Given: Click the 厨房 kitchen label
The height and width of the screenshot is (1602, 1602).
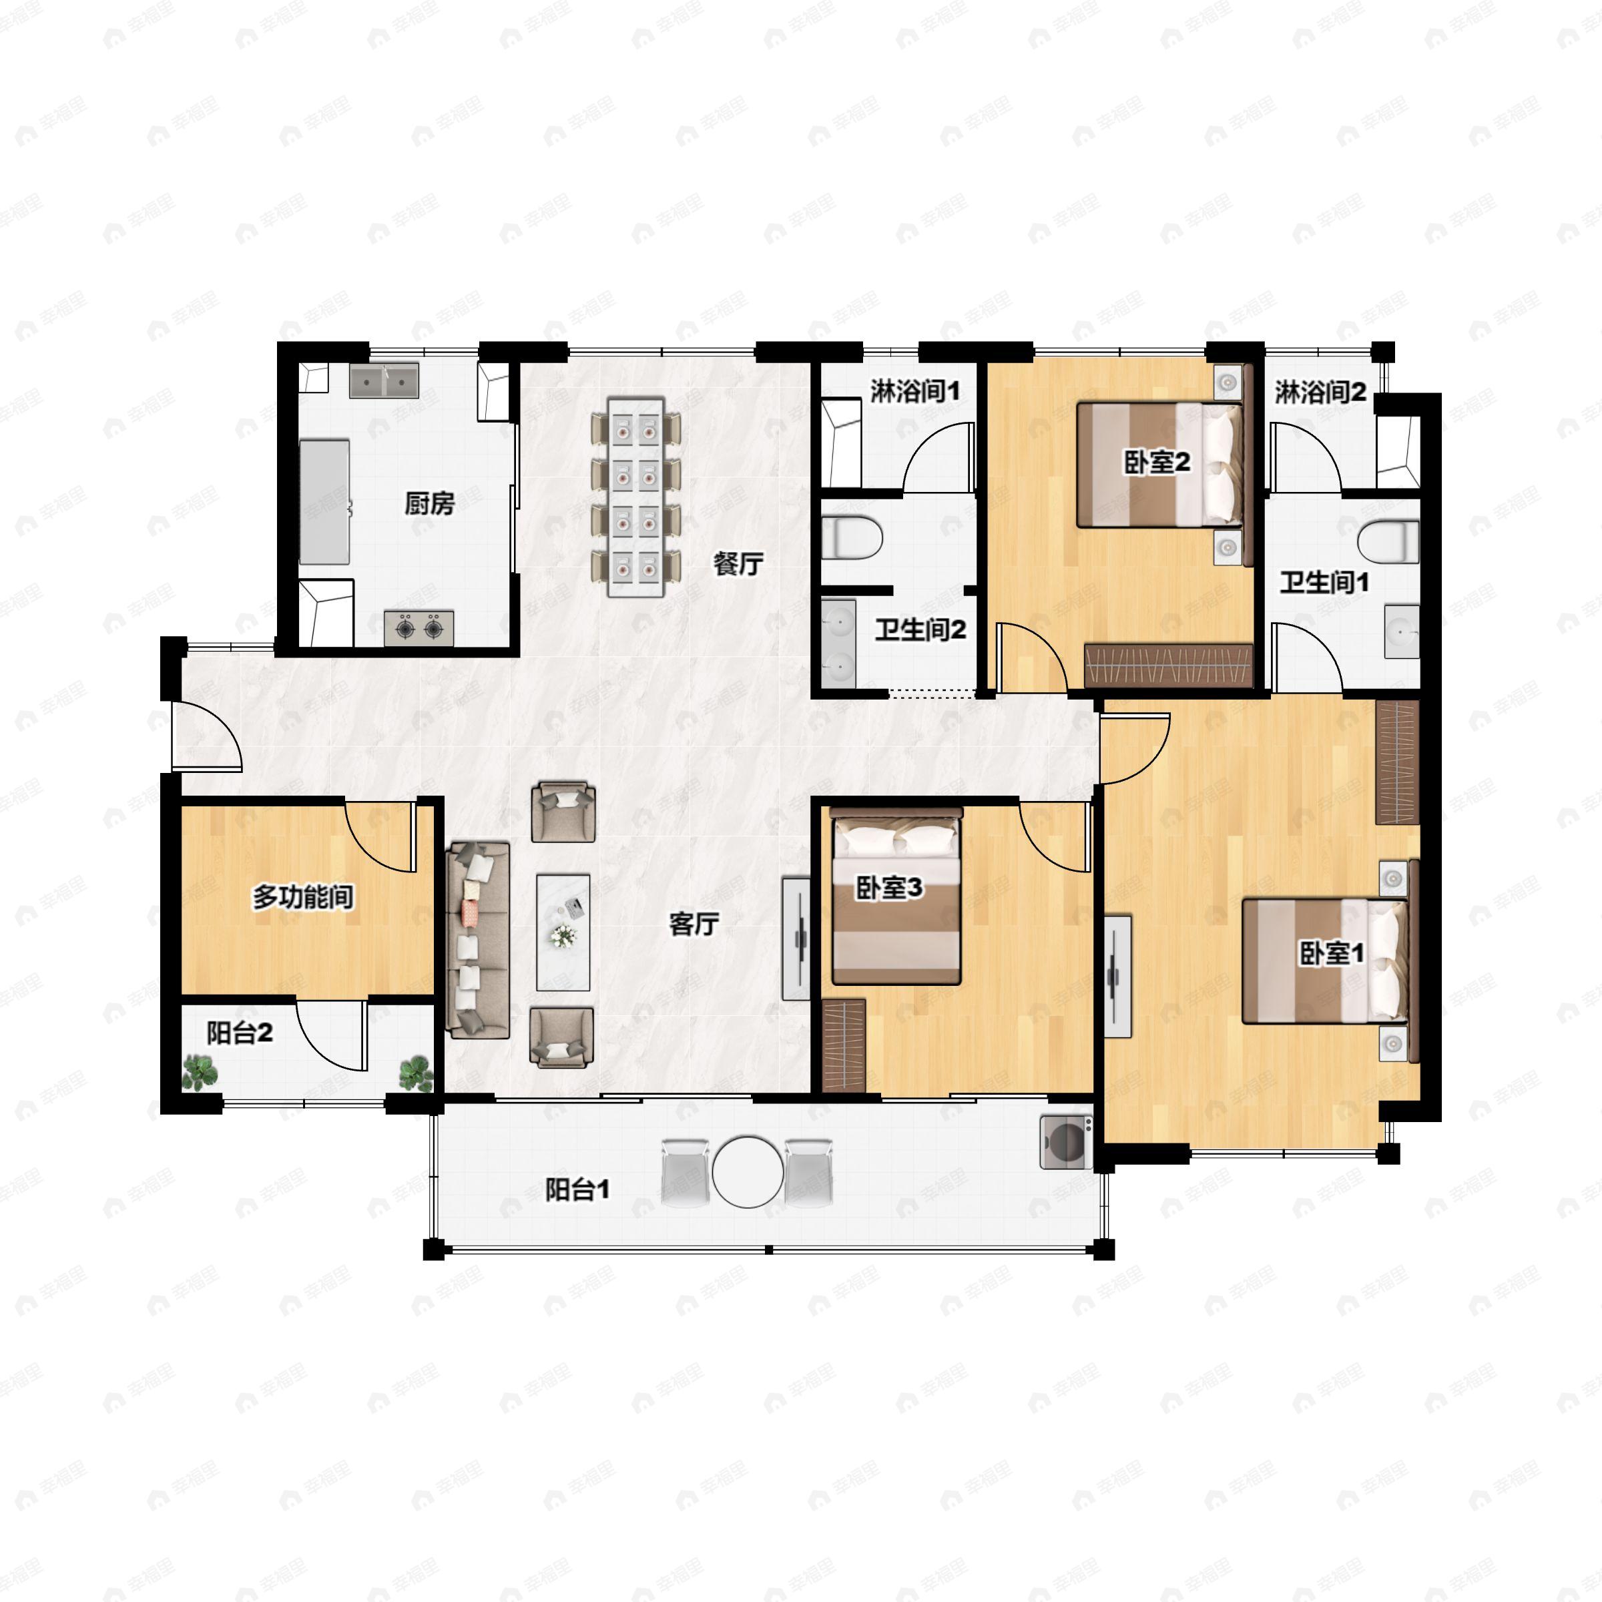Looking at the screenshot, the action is click(x=429, y=503).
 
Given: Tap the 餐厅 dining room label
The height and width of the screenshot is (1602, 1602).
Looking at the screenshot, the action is click(x=738, y=564).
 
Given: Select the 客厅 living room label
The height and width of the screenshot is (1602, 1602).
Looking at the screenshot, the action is click(x=694, y=924).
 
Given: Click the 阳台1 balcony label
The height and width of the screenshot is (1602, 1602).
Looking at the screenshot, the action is click(x=577, y=1190).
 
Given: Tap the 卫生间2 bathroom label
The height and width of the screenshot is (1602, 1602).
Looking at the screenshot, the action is click(x=920, y=630).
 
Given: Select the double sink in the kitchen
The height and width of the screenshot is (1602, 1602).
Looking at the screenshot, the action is click(x=384, y=380).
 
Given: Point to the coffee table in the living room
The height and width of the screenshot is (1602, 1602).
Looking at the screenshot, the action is click(x=563, y=932).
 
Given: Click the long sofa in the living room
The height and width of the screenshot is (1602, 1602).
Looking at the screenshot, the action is click(x=478, y=941).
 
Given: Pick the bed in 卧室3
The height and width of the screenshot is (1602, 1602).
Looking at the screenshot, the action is click(x=896, y=896).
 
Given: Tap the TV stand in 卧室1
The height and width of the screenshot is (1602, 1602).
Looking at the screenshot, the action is click(x=1118, y=976).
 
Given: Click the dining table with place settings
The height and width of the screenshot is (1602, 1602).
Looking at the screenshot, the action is click(x=636, y=497).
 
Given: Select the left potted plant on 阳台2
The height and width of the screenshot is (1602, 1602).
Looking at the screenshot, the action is click(x=200, y=1072).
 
